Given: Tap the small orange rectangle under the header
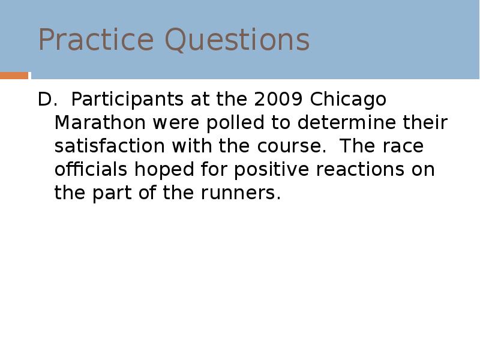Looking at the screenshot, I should pos(14,76).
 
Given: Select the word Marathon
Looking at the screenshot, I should pos(100,122).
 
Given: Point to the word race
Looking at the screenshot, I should pos(410,146).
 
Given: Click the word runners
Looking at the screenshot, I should pos(245,194).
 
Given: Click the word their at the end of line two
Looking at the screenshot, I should pos(425,122).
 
